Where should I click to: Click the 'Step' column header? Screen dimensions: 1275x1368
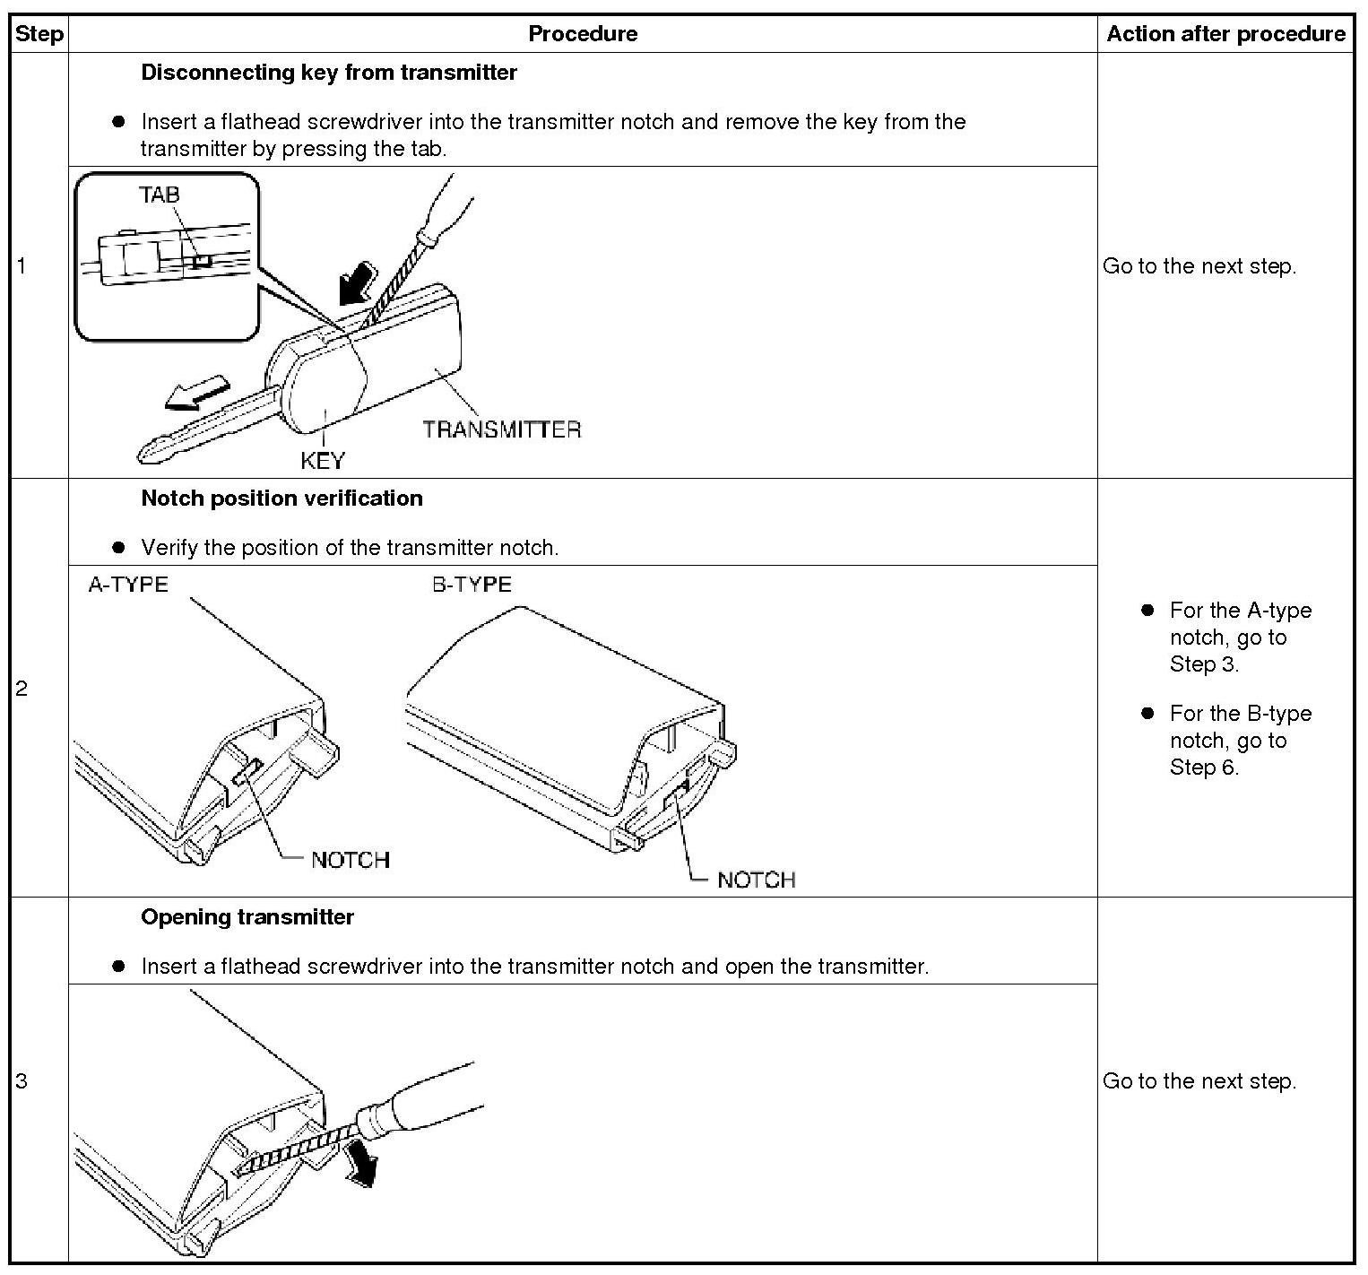39,34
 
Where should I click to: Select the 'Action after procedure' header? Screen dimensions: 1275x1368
1225,34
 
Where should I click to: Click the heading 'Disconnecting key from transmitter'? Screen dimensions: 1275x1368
328,73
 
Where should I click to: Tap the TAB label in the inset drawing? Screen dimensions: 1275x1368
159,194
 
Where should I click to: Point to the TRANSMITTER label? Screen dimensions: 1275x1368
501,429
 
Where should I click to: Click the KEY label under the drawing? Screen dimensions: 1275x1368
322,461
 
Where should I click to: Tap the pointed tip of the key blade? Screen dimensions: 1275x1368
144,455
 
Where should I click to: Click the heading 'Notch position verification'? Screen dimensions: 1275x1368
281,499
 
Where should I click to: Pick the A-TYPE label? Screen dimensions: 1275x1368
128,585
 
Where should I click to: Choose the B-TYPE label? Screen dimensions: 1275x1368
472,585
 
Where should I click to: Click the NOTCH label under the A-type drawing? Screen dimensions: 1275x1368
350,860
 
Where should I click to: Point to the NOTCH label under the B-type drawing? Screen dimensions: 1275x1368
756,880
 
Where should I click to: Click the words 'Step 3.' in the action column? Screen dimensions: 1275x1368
1204,664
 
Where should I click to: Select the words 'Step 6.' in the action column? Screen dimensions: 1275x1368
1204,768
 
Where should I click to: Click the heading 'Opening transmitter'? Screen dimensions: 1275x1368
247,917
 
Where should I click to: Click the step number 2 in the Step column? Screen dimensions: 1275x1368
22,689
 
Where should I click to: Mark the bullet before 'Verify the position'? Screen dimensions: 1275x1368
118,548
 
